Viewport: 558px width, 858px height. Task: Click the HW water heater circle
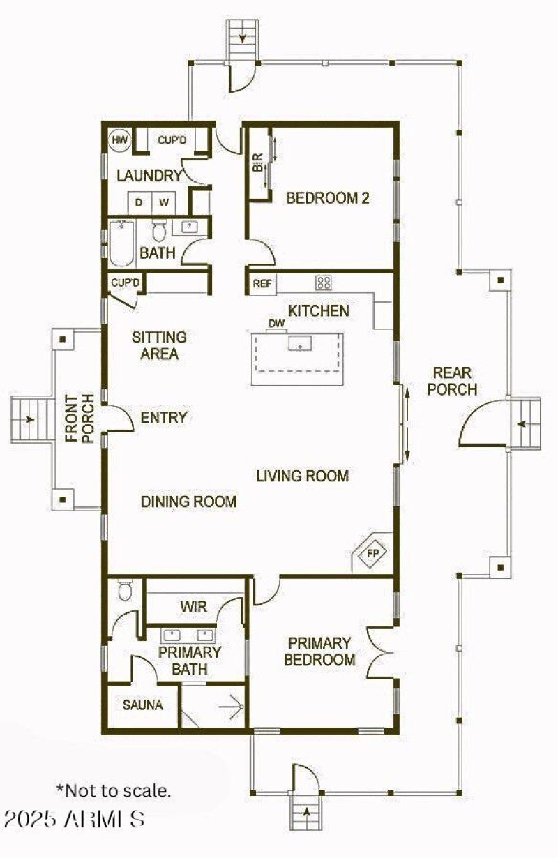coord(120,140)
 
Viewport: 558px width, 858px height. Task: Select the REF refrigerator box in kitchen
coord(262,283)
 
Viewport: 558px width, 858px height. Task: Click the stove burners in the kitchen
coord(324,283)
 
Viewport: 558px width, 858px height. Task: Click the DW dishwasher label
coord(277,324)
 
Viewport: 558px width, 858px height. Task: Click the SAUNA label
coord(142,705)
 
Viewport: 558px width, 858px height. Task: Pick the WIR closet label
coord(193,607)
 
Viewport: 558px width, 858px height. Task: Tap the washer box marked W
coord(164,202)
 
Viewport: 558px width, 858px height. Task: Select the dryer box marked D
coord(139,202)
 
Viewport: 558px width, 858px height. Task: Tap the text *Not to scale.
coord(113,790)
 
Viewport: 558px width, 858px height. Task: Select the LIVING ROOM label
coord(302,476)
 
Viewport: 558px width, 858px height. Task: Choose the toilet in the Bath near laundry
coord(158,230)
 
